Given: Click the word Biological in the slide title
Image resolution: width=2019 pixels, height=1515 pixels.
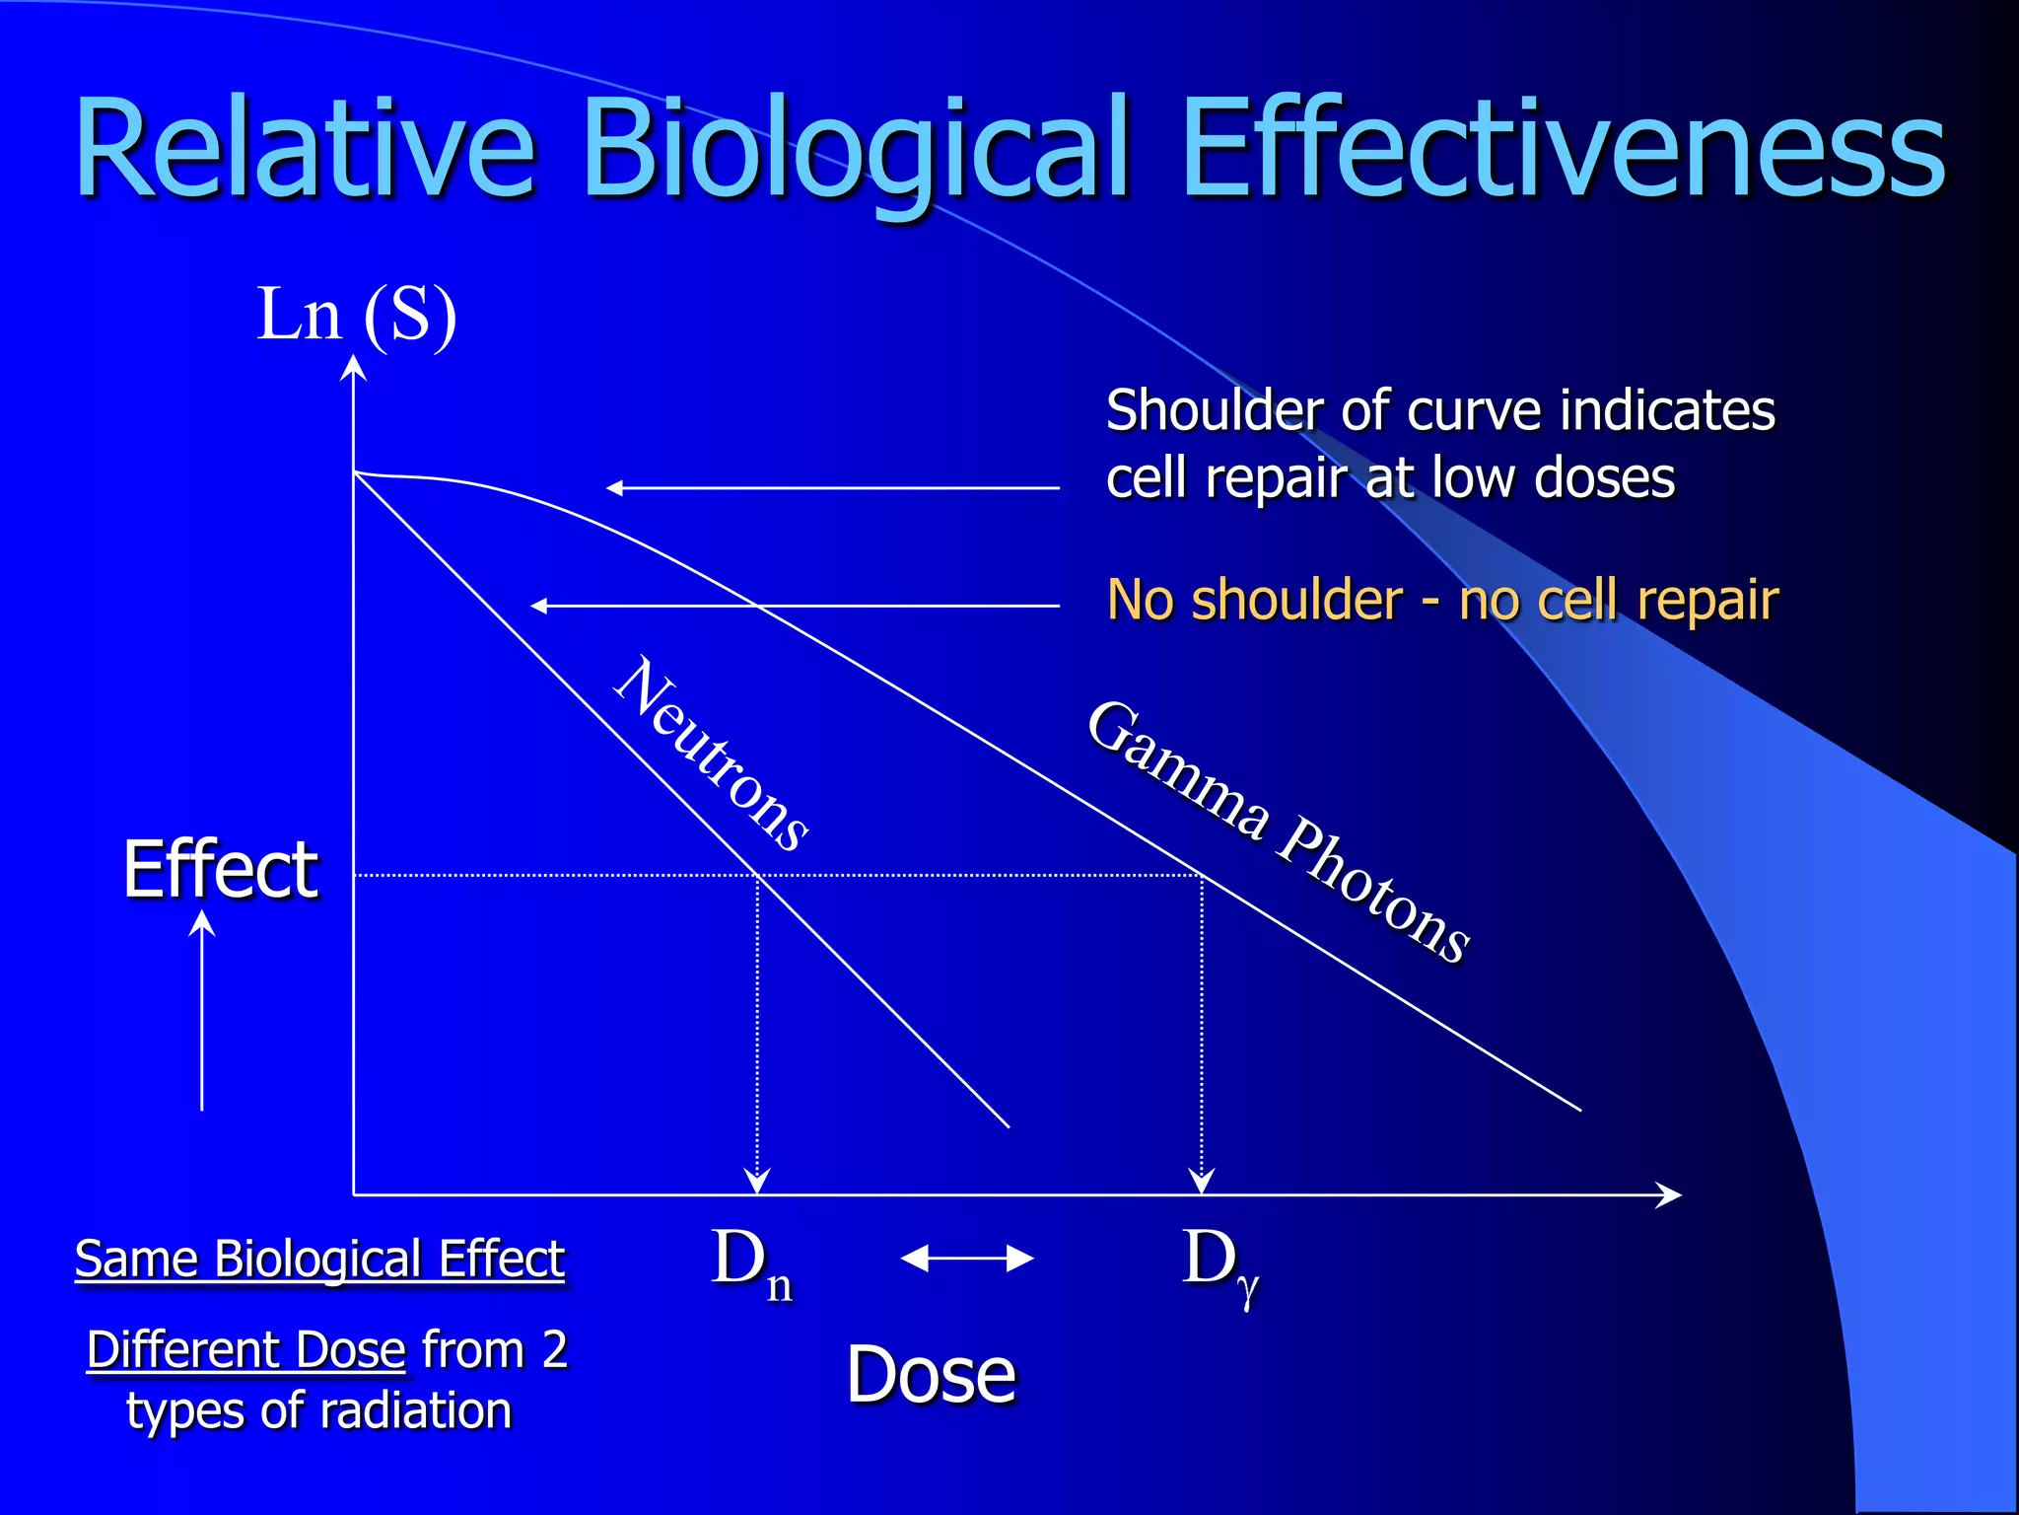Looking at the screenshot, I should click(x=856, y=150).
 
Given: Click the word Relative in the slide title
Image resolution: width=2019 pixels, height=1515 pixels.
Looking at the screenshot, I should click(x=306, y=150).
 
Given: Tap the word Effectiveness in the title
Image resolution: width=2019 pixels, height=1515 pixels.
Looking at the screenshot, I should click(x=1563, y=150).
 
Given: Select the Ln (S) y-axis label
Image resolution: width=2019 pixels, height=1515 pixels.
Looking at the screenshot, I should click(x=357, y=315).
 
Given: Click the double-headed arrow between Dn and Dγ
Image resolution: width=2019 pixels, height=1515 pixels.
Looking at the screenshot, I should click(x=967, y=1259).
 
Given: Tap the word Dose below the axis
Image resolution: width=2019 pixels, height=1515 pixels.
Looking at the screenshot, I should click(x=931, y=1375).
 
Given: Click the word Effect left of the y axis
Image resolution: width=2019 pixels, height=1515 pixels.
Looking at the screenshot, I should click(x=221, y=870).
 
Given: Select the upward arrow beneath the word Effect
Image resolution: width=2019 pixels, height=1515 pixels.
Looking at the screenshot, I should click(x=202, y=1011).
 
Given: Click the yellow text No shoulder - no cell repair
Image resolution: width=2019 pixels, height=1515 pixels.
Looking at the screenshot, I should click(x=1442, y=600).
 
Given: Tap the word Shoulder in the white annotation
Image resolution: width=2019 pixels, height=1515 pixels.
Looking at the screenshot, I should click(x=1213, y=411).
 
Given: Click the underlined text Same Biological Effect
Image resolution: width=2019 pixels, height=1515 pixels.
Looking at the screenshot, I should click(x=319, y=1260).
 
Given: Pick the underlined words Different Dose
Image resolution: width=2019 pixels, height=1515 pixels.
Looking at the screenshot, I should click(x=246, y=1350).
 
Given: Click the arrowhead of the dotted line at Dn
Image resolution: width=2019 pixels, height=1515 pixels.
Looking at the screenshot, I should click(x=757, y=1180).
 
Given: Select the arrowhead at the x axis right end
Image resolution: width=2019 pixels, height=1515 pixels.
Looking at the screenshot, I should click(x=1668, y=1195).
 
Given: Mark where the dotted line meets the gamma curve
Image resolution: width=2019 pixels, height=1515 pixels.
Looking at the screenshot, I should click(x=1202, y=875).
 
